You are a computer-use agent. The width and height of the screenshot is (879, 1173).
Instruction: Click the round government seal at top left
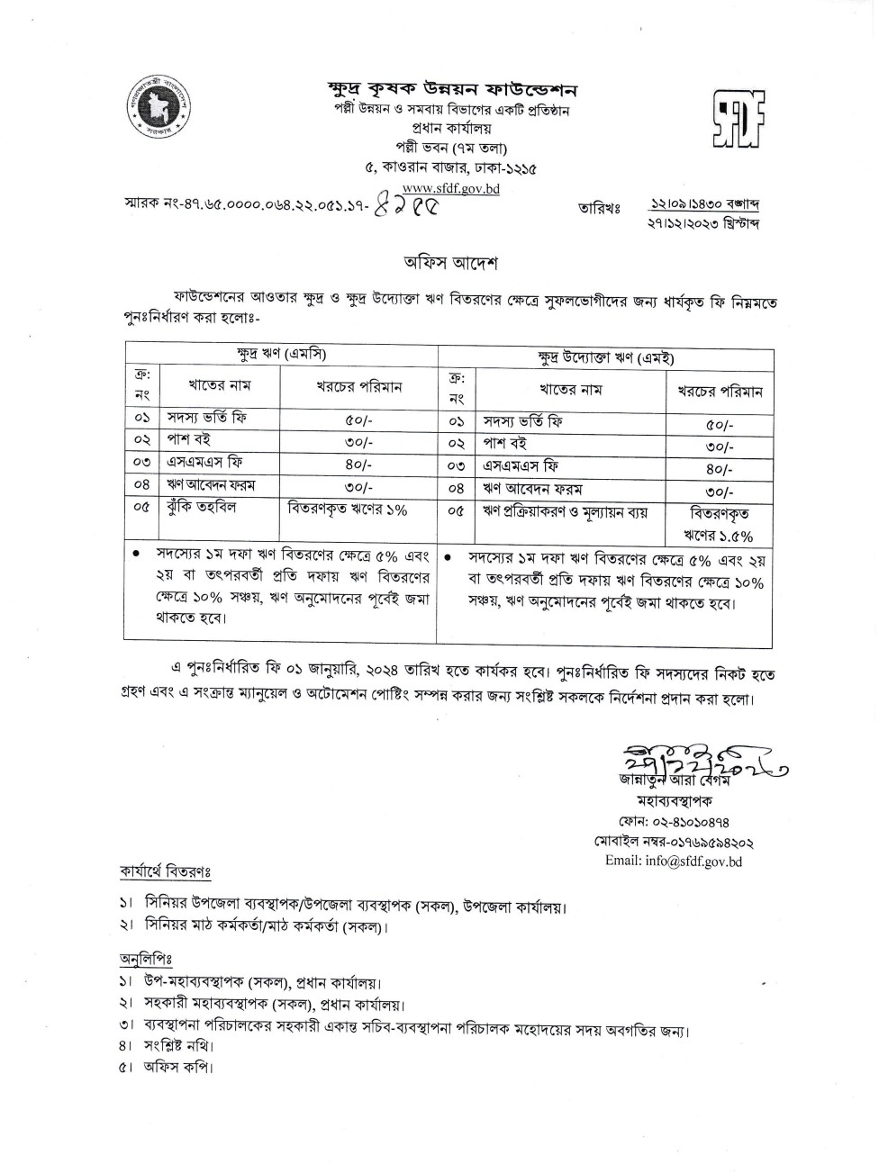(x=153, y=109)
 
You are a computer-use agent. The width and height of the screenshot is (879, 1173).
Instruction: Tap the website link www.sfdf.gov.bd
(x=450, y=189)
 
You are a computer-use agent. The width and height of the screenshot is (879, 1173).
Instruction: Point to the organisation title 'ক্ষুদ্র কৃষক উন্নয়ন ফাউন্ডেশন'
(x=451, y=90)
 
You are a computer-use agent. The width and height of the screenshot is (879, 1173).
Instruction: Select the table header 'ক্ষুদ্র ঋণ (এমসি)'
(x=280, y=354)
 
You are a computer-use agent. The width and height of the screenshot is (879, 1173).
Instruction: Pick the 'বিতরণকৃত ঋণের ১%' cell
(x=348, y=509)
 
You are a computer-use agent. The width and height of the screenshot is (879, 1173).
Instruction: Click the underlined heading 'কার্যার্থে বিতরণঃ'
(x=166, y=872)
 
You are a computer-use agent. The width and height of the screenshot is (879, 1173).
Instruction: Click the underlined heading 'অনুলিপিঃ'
(x=146, y=956)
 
